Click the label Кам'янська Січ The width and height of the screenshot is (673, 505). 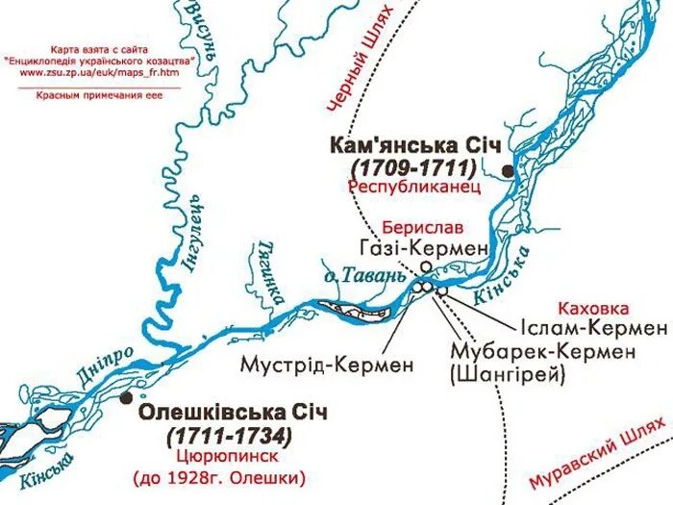(x=415, y=146)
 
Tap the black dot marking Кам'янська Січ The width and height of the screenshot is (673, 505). (x=508, y=168)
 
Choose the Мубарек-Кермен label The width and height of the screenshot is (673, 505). (x=541, y=352)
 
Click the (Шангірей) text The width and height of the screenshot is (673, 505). (x=507, y=374)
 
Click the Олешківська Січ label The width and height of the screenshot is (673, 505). (x=234, y=413)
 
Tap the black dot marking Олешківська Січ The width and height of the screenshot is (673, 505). (x=127, y=396)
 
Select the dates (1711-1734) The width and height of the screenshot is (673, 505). (x=229, y=435)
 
